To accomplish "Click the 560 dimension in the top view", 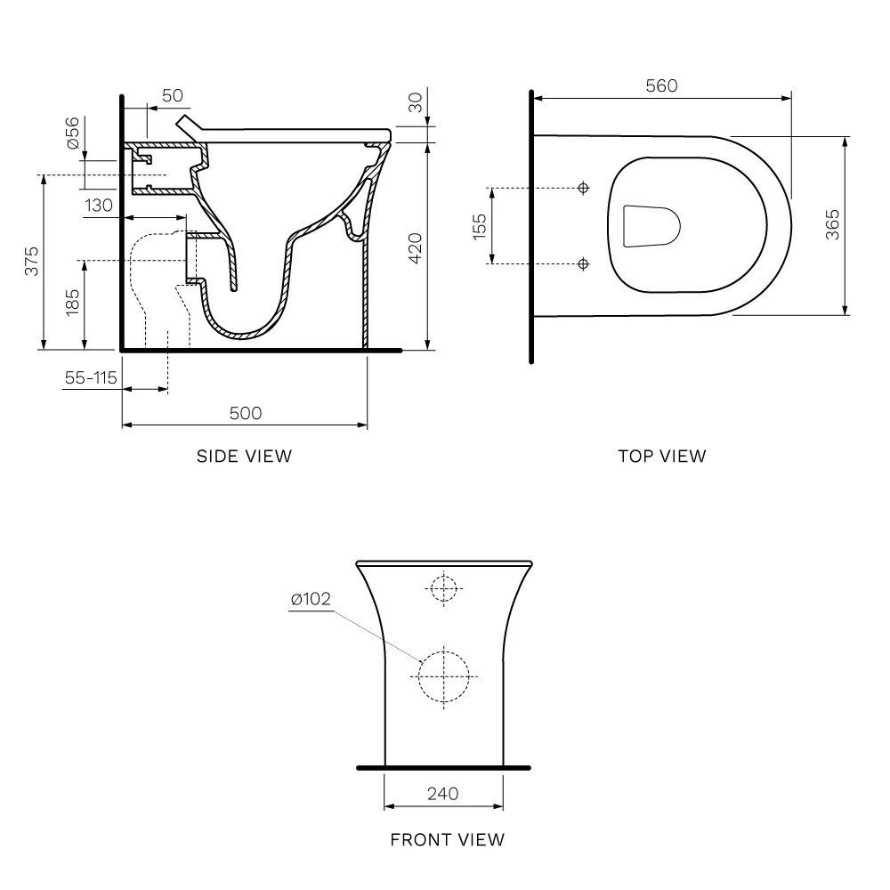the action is click(661, 85).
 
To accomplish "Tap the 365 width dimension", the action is click(832, 225).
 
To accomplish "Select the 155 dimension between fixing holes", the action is click(480, 226).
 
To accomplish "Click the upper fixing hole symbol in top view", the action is click(584, 188).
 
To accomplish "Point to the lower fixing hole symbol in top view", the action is click(583, 264).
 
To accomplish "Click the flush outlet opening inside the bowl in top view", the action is click(651, 226).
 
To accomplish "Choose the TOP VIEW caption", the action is click(662, 457).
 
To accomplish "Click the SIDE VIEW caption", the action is click(244, 457).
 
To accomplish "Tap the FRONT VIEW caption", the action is click(448, 840).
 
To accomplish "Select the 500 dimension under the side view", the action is click(246, 413).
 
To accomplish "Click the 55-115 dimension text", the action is click(91, 378).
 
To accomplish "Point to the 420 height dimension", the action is click(416, 248).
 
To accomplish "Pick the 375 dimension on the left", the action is click(32, 261).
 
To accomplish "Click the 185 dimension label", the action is click(73, 302).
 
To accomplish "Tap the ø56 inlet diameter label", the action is click(73, 133).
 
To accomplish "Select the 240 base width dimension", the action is click(442, 794).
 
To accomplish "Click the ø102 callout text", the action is click(311, 599).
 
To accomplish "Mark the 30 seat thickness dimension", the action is click(416, 102).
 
